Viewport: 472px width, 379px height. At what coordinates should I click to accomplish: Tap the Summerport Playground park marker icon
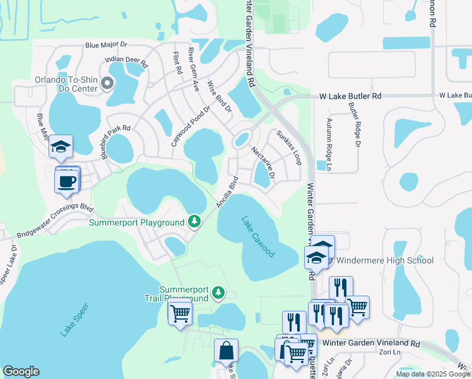click(195, 222)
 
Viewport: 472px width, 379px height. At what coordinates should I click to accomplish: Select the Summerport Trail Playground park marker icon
click(218, 292)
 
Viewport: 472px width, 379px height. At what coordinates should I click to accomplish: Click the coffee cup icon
click(67, 181)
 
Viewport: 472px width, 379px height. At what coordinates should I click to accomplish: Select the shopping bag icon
click(225, 351)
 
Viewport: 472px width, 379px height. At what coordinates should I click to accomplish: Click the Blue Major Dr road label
click(106, 45)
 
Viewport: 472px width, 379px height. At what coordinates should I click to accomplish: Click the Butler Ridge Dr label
click(353, 125)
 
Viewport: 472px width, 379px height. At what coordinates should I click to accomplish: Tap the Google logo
click(21, 371)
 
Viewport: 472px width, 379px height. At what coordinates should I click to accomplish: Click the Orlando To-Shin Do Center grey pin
click(107, 83)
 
